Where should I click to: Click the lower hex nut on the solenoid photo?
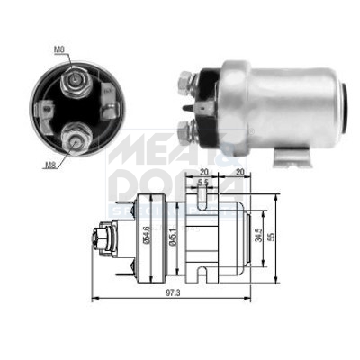[x=187, y=132]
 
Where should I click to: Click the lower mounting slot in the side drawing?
[x=203, y=270]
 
